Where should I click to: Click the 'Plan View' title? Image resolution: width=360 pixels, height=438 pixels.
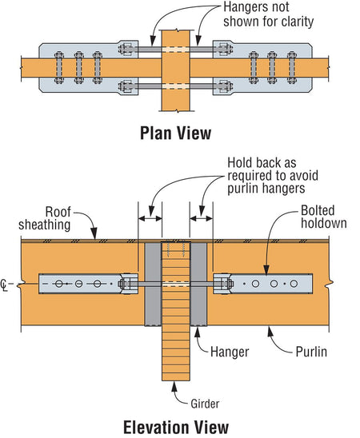coord(175,133)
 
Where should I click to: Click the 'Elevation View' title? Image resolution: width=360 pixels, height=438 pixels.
coord(176,427)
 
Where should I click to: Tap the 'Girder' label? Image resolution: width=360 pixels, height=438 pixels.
coord(205,404)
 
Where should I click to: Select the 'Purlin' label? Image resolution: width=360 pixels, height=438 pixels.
coord(311,352)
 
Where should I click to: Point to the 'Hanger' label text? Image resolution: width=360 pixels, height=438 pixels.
coord(230,352)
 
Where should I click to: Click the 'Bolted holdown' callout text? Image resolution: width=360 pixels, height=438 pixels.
coord(324,217)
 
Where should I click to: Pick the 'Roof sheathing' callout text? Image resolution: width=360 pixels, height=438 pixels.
coord(45,218)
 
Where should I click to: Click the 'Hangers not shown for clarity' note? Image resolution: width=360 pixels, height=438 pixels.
coord(268,15)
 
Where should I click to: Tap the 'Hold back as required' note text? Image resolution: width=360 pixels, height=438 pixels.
coord(273,175)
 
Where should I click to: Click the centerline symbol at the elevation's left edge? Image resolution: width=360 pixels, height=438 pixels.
coord(4,285)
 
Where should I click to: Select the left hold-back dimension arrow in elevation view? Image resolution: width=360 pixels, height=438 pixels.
coord(150,218)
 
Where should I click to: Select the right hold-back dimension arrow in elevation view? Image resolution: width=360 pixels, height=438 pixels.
coord(202,218)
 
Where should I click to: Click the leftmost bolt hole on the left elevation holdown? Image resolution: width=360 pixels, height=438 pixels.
coord(58,284)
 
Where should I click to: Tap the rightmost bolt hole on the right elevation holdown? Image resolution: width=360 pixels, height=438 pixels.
coord(294,284)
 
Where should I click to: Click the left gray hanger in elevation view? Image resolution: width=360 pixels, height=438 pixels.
coord(153,284)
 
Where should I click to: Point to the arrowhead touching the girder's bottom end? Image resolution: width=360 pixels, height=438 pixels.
coord(174,386)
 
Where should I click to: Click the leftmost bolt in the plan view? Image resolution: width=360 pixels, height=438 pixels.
coord(59,68)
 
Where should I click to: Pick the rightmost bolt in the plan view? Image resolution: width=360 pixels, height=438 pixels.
coord(291,68)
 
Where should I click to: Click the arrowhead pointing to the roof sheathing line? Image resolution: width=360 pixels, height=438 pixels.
coord(94,233)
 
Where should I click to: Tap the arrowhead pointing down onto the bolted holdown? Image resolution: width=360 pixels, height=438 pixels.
coord(266,269)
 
